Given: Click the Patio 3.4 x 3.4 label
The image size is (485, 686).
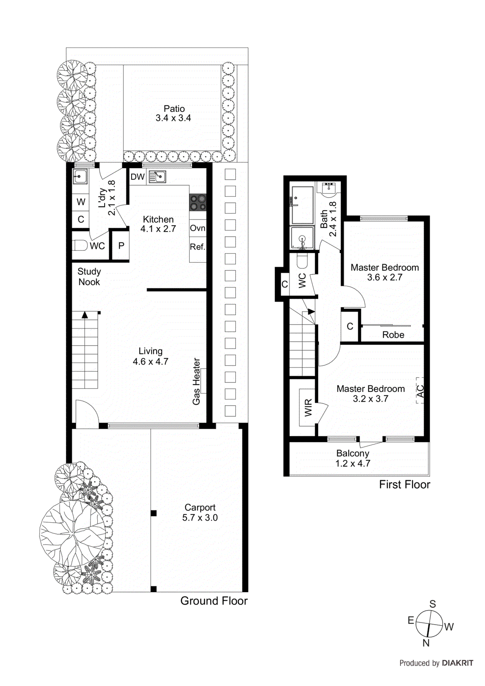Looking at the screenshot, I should [174, 114].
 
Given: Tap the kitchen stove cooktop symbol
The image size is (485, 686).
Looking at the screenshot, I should [198, 203].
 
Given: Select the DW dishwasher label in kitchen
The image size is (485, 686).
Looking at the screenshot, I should [138, 177].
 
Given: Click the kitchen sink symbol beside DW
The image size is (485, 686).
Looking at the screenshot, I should [157, 177].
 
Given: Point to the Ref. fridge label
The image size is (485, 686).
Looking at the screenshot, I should [197, 247].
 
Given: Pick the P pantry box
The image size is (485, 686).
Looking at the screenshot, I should [121, 246].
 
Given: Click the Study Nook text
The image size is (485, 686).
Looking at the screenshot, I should [89, 277].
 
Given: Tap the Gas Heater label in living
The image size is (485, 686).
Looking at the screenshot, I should [196, 381].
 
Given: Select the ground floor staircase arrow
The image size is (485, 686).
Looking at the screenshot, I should [85, 315].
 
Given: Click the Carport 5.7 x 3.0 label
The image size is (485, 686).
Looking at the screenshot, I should [200, 512].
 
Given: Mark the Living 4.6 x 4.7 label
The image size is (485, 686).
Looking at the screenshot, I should [150, 356].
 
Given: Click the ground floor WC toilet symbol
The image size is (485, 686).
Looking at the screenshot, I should [81, 246].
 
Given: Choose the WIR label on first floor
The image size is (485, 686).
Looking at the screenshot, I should [308, 408].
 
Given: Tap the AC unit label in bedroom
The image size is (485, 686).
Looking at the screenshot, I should [420, 391].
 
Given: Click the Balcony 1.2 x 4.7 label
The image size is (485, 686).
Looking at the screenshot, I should [352, 458].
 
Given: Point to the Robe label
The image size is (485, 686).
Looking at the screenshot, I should [393, 335].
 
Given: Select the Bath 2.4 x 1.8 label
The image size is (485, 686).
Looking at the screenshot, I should [328, 219].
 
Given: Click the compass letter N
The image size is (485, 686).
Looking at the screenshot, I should [426, 643].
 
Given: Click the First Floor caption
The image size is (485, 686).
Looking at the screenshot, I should [404, 484].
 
